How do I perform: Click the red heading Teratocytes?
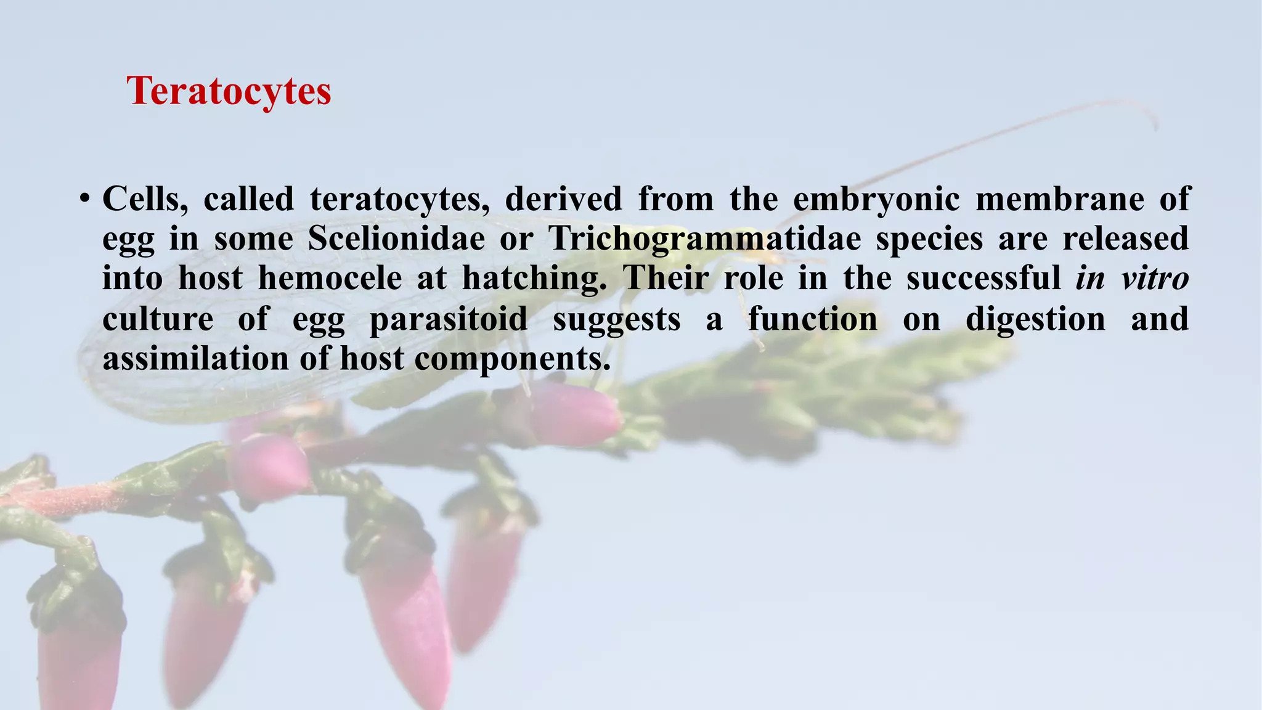[229, 91]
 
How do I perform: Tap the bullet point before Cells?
[85, 199]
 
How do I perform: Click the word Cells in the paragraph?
[145, 199]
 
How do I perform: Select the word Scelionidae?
[396, 239]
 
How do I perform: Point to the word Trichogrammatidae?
[705, 239]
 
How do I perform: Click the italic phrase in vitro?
[1132, 278]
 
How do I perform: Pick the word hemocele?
[330, 278]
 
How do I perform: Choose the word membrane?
[1060, 199]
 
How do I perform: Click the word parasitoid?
[448, 319]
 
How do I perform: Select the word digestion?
[1035, 319]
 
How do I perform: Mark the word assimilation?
[195, 359]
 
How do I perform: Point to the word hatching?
[534, 278]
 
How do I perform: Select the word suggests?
[616, 319]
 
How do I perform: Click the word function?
[813, 319]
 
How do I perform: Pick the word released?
[1125, 239]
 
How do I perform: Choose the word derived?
[563, 199]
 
